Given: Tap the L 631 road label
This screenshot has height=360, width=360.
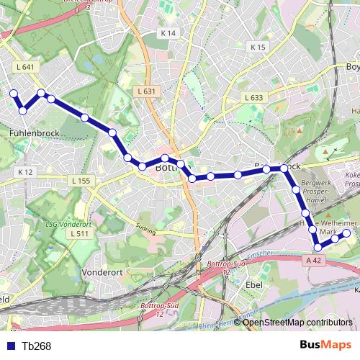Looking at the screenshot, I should click(146, 91).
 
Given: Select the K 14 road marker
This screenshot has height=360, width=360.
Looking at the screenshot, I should click(168, 33).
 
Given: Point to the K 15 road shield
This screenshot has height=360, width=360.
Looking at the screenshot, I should click(258, 47).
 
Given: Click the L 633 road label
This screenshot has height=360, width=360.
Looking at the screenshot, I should click(253, 97).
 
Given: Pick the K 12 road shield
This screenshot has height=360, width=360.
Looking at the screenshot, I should click(25, 172).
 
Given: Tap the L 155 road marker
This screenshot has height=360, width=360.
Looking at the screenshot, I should click(81, 181).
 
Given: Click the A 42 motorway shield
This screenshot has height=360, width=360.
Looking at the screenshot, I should click(312, 260).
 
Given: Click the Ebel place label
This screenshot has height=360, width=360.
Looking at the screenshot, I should click(253, 286).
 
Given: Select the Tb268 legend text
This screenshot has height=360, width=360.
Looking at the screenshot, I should click(36, 346).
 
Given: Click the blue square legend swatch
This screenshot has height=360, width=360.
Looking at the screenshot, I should click(13, 346).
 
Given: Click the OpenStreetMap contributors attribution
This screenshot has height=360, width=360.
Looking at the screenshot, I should click(297, 322).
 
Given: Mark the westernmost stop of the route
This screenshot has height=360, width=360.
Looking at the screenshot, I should click(12, 93).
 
